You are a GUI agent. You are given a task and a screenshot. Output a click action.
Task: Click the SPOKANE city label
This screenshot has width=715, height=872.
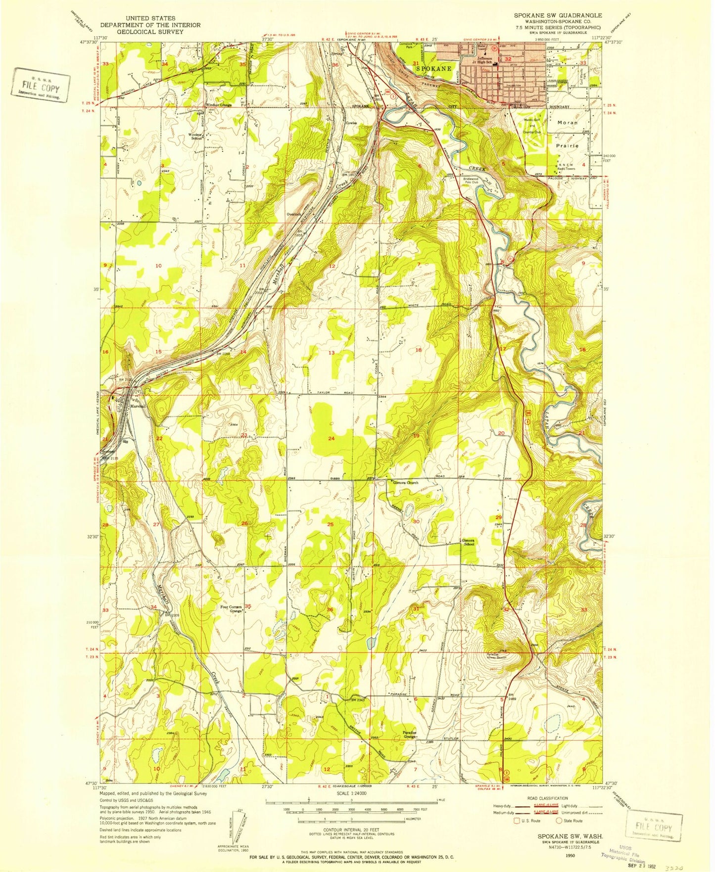433,69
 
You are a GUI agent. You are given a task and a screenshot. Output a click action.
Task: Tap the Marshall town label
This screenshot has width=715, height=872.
138,406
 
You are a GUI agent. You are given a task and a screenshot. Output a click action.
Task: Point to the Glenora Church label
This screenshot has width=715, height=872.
405,483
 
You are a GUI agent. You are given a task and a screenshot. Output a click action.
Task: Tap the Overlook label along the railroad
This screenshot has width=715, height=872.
294,214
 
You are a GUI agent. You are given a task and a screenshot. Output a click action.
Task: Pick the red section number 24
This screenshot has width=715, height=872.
331,438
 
